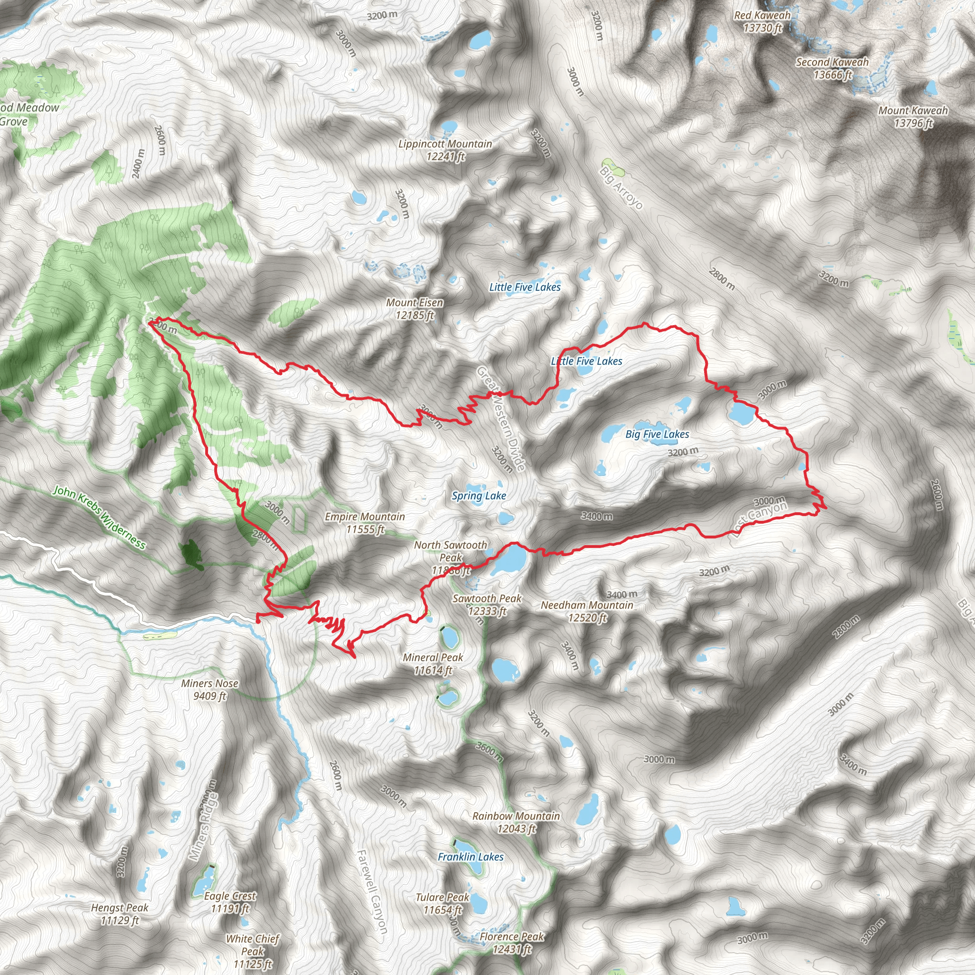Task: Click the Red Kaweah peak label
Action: pos(762,22)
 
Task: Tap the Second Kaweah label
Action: pos(832,68)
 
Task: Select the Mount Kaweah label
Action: pos(913,117)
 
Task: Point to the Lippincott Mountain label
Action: pos(445,150)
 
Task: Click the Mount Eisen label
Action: pos(414,309)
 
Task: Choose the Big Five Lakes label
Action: pos(657,434)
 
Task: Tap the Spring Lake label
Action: pos(478,496)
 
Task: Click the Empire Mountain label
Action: pos(365,523)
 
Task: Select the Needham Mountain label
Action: pos(587,611)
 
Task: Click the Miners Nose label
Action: pos(209,689)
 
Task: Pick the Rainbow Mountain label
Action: pos(516,822)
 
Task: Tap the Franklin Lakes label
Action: pos(470,856)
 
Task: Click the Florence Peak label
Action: pos(512,943)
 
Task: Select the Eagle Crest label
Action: pos(230,902)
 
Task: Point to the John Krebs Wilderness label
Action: pos(99,517)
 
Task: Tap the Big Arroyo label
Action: pos(621,188)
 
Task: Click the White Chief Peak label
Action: pos(252,951)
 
